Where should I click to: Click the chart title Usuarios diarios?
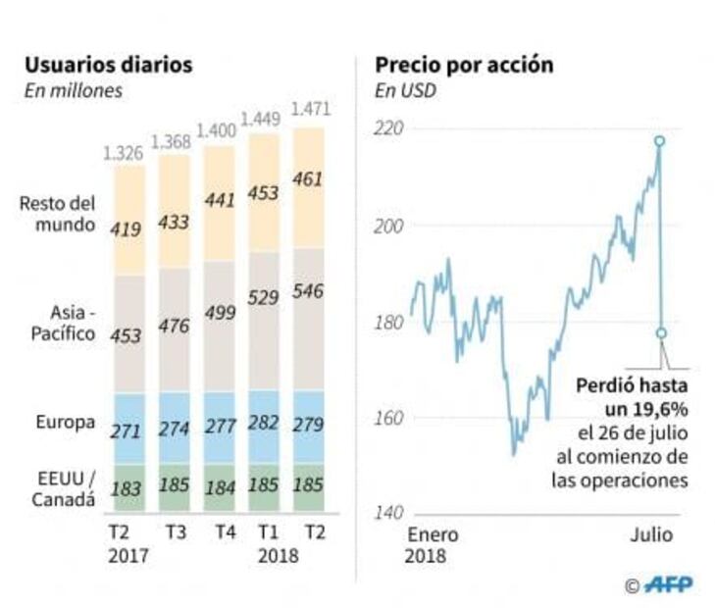[x=108, y=66]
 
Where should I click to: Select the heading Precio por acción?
[x=464, y=66]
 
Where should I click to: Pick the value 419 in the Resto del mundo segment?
[x=129, y=229]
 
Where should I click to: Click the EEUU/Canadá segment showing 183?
[x=129, y=487]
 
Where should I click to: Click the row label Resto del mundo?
[x=57, y=215]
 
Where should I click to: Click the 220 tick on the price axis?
[x=390, y=128]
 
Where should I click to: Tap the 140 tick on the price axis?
[x=390, y=513]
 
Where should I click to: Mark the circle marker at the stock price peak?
[x=659, y=141]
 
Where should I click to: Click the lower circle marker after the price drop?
[x=660, y=333]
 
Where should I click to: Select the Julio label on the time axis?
[x=649, y=535]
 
